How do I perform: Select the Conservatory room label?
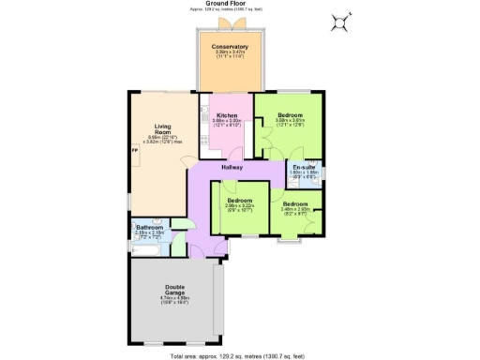(x=229, y=47)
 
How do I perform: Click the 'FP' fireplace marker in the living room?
(x=135, y=151)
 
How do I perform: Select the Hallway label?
(x=232, y=167)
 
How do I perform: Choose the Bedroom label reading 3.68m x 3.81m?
(x=290, y=115)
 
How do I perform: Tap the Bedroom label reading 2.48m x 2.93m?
(x=296, y=203)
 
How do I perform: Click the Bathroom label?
(x=150, y=228)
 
